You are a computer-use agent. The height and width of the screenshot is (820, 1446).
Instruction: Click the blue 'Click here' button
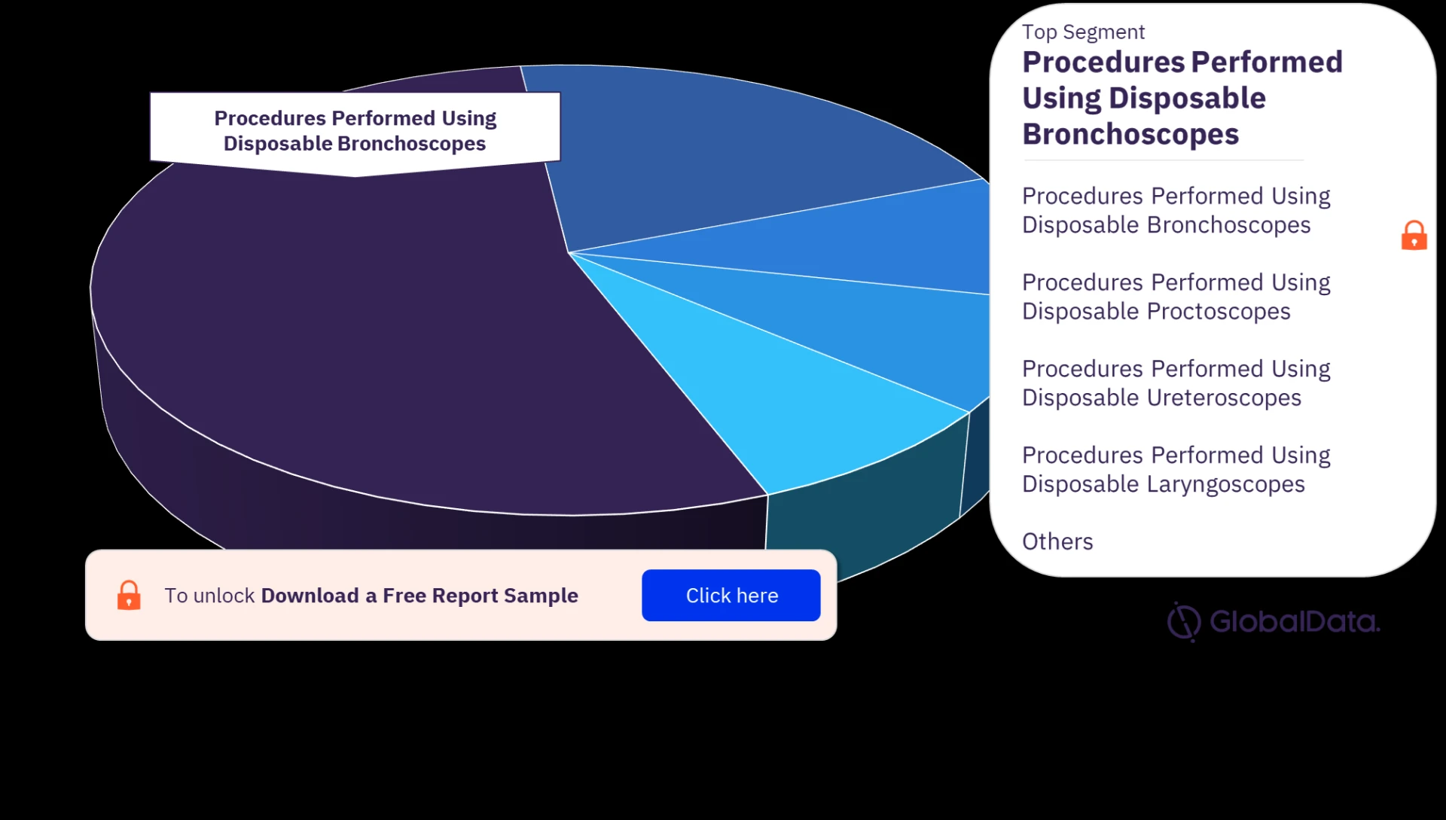point(731,595)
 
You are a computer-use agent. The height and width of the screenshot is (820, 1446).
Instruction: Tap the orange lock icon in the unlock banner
point(129,595)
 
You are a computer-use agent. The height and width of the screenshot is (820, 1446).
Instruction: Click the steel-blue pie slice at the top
point(738,151)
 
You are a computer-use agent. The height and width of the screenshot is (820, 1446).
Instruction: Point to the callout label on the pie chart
point(355,130)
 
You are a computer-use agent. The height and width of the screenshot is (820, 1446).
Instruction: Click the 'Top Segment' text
point(1083,32)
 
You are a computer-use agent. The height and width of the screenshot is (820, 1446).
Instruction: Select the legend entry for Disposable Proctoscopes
point(1176,297)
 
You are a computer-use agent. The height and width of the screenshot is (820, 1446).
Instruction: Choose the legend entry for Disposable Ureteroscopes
point(1176,383)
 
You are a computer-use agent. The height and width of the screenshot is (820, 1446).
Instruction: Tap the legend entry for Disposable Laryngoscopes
point(1176,470)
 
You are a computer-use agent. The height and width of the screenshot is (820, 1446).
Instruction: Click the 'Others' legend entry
point(1057,541)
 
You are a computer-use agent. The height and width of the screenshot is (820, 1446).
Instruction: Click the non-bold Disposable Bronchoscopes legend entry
point(1176,210)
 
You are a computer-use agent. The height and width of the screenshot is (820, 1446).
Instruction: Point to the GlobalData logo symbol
point(1184,622)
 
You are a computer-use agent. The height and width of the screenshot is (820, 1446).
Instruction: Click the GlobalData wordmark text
point(1295,622)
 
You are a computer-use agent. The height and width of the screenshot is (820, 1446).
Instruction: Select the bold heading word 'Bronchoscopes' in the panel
point(1130,135)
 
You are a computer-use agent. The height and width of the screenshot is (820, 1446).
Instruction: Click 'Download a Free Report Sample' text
point(419,596)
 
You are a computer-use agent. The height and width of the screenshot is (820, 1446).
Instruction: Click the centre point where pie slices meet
point(569,252)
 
